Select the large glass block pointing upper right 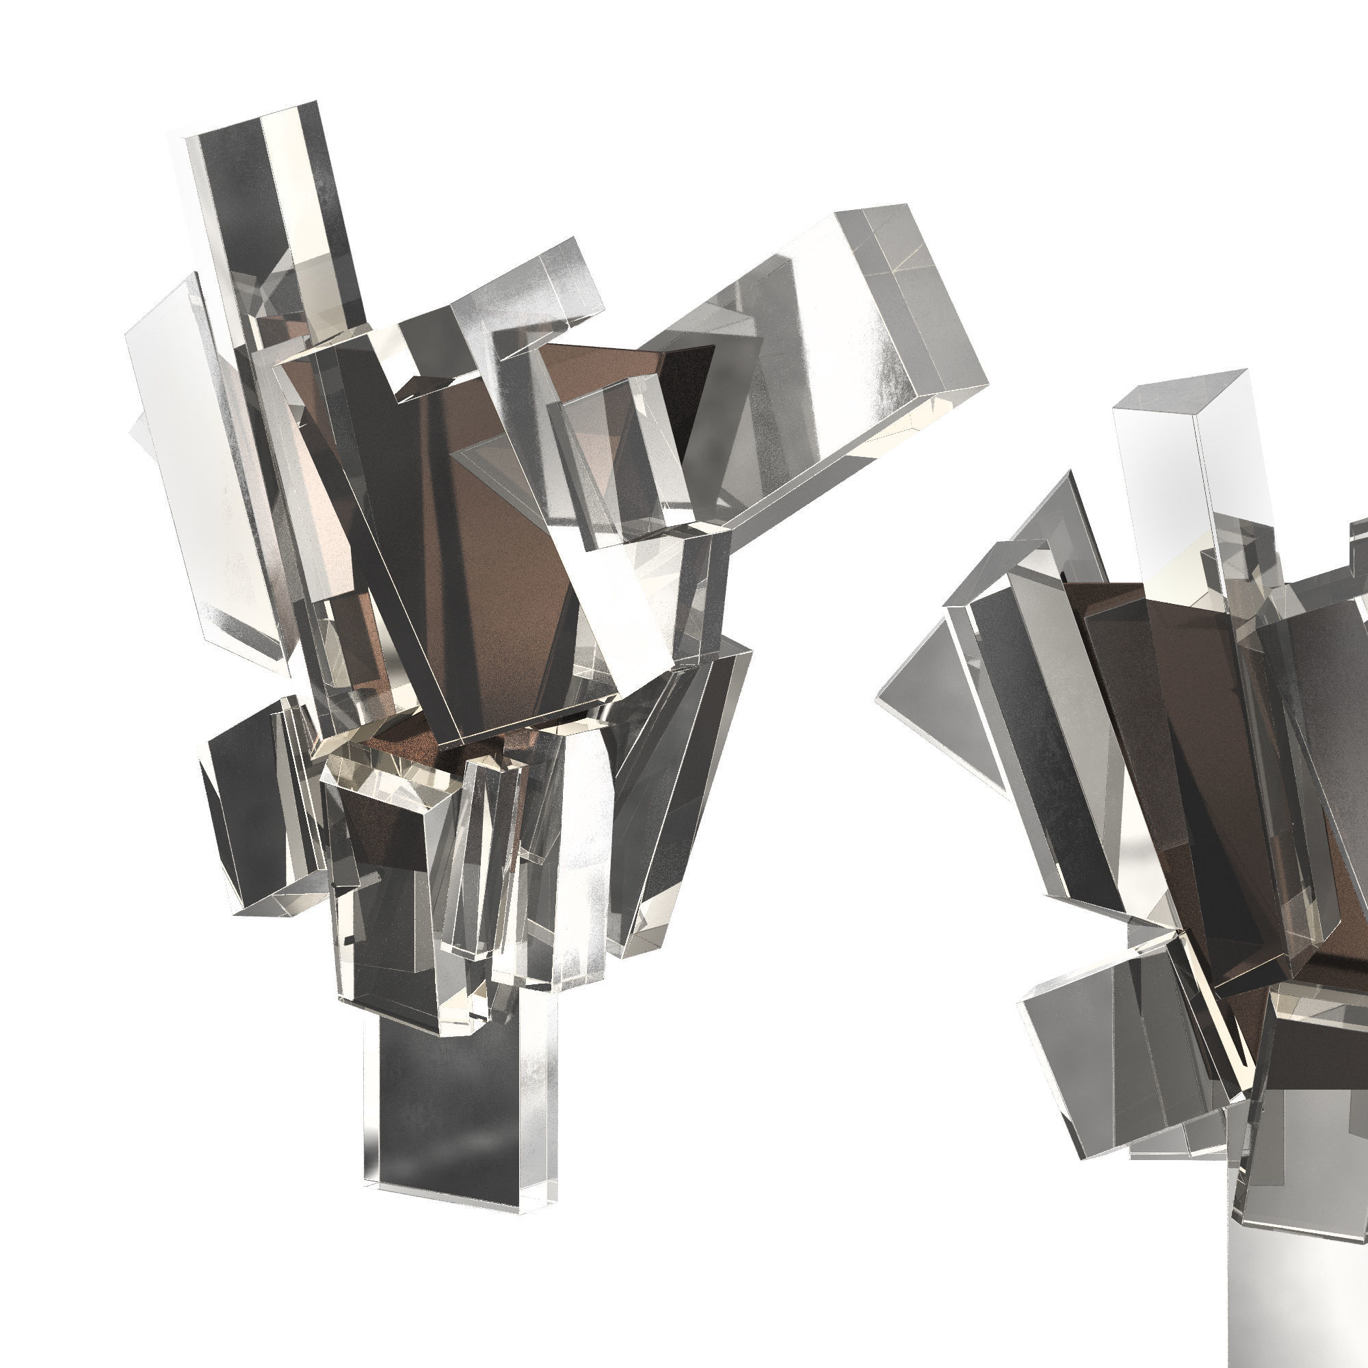[x=814, y=376]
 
